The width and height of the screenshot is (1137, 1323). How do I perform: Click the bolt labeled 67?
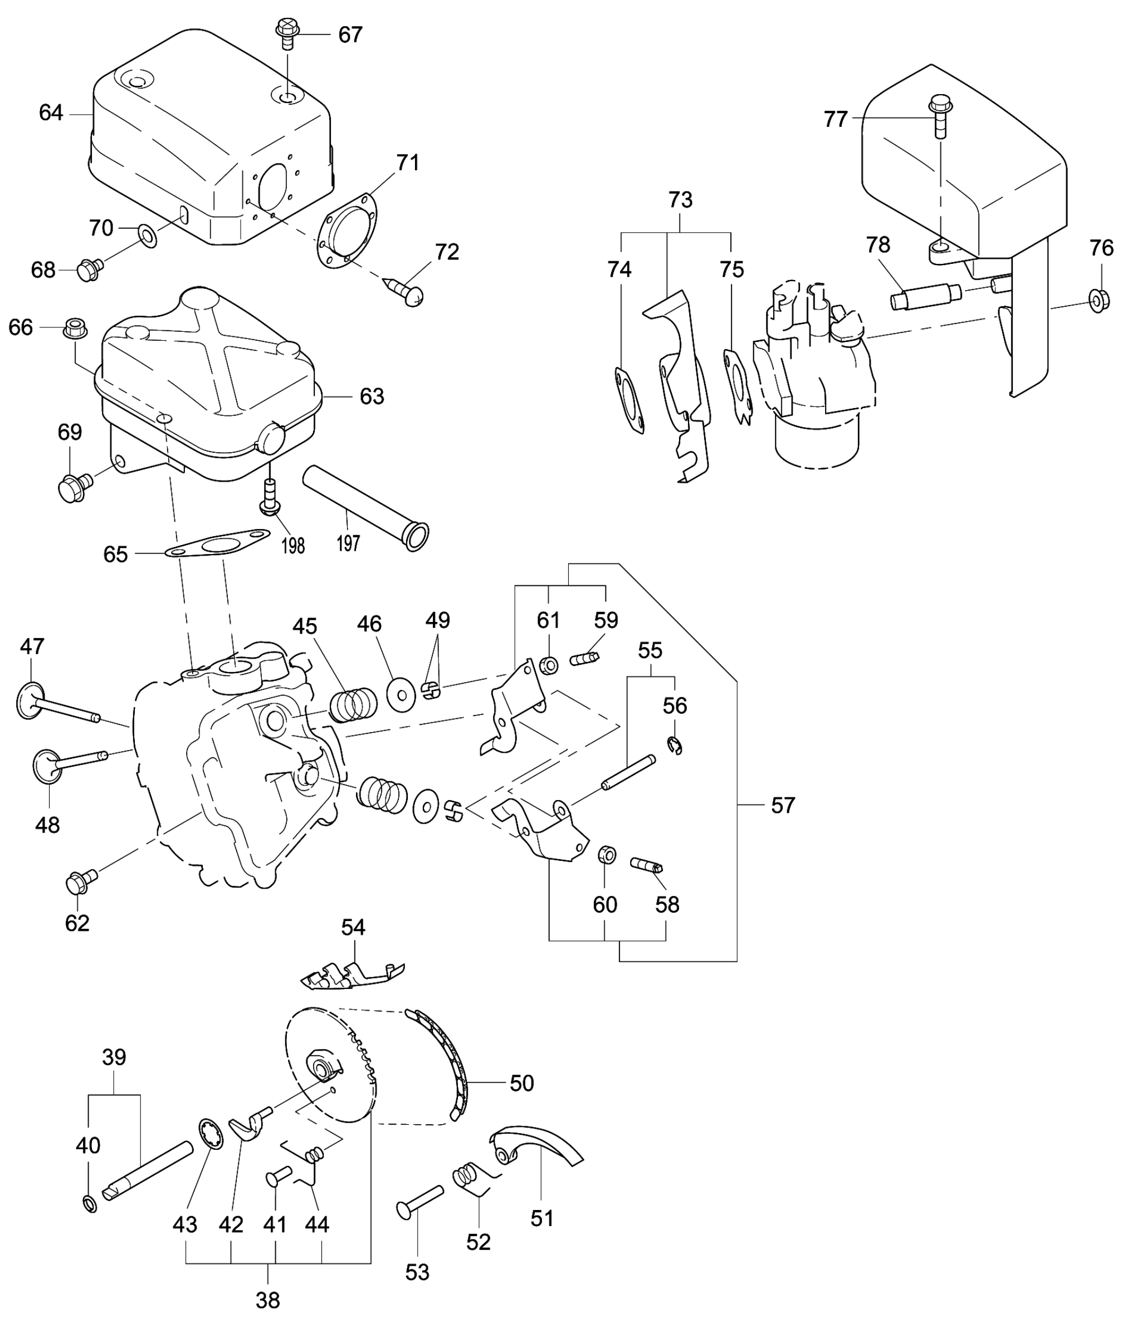click(x=287, y=33)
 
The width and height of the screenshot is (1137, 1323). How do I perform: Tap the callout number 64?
click(x=51, y=113)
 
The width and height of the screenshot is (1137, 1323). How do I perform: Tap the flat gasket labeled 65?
click(x=217, y=545)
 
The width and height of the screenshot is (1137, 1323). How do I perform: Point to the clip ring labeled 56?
click(x=675, y=746)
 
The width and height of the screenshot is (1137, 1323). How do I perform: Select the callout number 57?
click(x=783, y=805)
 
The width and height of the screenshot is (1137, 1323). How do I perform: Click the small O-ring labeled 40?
click(x=90, y=1204)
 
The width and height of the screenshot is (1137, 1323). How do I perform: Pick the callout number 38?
click(x=267, y=1300)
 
